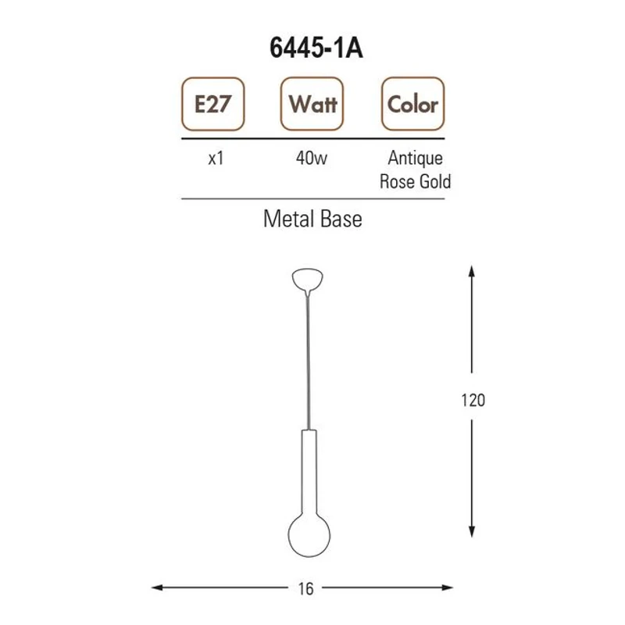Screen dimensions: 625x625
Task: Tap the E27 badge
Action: coord(212,104)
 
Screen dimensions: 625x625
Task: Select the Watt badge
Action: coord(312,104)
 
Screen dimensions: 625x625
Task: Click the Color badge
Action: coord(412,104)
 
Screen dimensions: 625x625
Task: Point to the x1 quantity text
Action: coord(216,159)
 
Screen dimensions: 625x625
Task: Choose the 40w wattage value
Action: coord(312,159)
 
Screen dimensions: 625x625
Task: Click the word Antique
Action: coord(416,159)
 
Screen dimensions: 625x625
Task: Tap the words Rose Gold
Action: coord(416,182)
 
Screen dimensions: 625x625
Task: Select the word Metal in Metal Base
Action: coord(287,220)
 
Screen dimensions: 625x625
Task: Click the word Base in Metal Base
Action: coord(341,220)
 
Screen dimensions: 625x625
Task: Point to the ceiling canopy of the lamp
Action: coord(307,279)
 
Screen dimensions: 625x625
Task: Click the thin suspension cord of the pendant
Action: coord(307,359)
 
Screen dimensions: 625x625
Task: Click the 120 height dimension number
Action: coord(473,401)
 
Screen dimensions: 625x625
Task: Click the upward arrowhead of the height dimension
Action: coord(472,271)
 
